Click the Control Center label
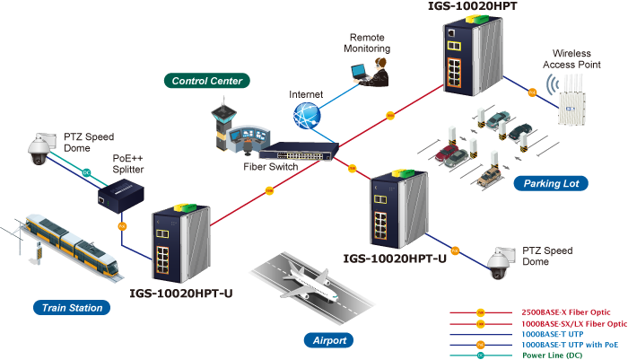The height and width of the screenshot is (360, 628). (206, 81)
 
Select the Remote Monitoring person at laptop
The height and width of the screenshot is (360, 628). (374, 71)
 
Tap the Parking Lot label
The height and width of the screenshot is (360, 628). (551, 184)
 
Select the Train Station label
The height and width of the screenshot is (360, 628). (72, 308)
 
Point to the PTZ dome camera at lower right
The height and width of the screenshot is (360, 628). (498, 261)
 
